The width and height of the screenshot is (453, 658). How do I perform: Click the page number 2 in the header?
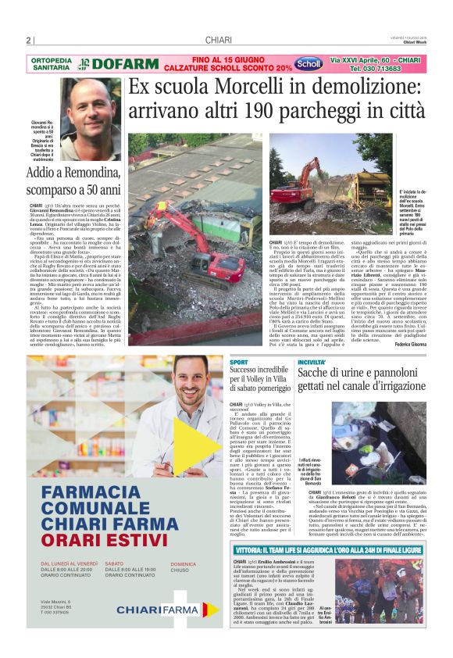point(28,41)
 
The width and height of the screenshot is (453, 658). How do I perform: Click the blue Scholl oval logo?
point(307,64)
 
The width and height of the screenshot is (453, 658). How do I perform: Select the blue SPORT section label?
point(238,363)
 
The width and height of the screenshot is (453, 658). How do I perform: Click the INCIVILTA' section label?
point(311,363)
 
